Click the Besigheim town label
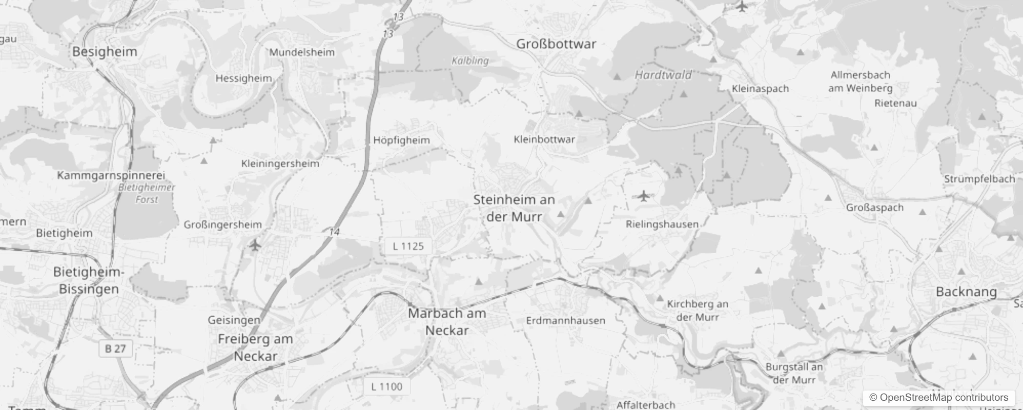coord(105,52)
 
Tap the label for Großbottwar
coord(556,44)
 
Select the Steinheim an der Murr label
coord(514,208)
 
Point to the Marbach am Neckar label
coord(447,322)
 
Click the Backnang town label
coord(966,292)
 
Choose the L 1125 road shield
coord(408,247)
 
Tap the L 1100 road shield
coord(386,387)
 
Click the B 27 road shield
coord(115,349)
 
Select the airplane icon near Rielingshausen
coord(644,196)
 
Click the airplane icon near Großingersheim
coord(255,245)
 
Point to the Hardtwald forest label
coord(663,75)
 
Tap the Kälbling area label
coord(470,60)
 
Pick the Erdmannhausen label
coord(565,321)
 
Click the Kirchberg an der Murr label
coord(698,311)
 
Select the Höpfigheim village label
coord(401,140)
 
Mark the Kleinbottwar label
coord(544,139)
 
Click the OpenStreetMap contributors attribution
coord(938,398)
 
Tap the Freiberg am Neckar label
coord(255,347)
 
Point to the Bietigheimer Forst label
coord(147,193)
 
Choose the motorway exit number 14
coord(334,232)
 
